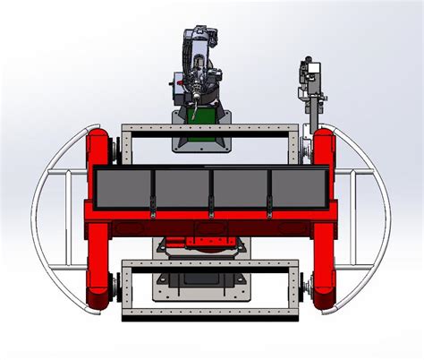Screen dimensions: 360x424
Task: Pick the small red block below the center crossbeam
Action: point(210,240)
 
